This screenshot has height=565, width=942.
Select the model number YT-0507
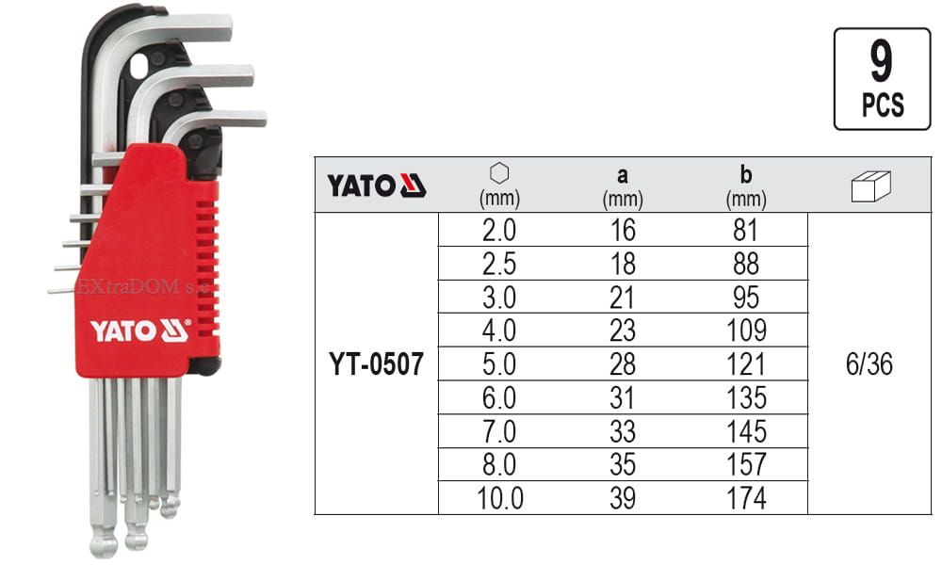pos(377,364)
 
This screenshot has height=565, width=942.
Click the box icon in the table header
pos(869,187)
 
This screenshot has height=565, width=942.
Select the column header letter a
pos(623,175)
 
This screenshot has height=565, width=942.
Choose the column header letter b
pos(747,175)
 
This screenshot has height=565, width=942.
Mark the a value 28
pos(623,364)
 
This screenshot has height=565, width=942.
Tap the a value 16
pos(623,230)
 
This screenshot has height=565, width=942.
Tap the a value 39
pos(623,498)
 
